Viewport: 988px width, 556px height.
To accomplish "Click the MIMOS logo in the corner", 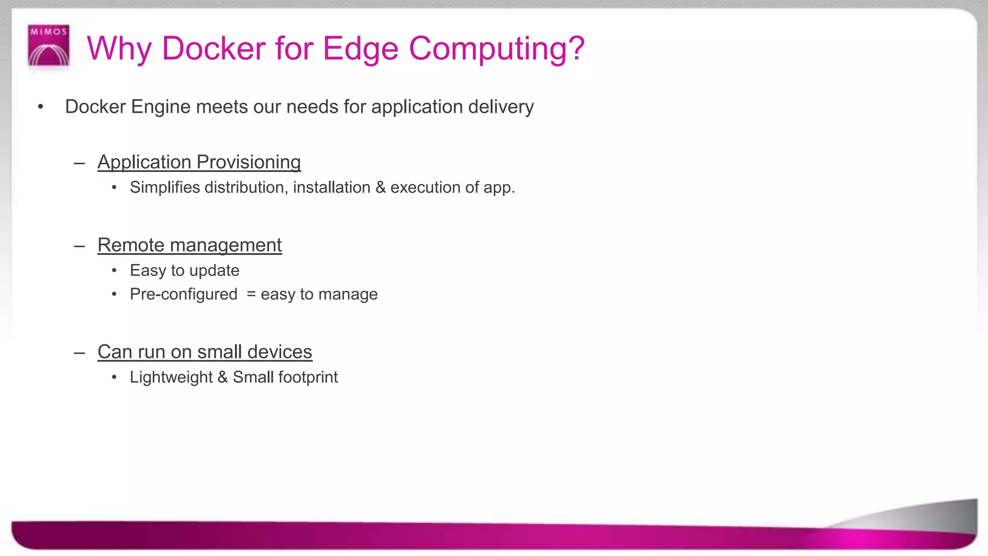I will pos(49,46).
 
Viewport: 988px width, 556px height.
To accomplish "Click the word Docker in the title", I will pos(213,49).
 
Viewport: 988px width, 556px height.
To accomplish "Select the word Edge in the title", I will pos(360,49).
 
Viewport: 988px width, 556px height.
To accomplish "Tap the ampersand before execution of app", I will pos(380,187).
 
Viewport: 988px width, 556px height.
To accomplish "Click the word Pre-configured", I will pos(183,294).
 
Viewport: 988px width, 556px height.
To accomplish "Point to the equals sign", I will pos(251,294).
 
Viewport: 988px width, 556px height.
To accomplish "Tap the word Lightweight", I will pos(171,377).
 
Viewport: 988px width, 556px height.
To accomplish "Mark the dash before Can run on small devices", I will pos(80,352).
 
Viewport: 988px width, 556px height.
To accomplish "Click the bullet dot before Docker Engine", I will pos(41,107).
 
